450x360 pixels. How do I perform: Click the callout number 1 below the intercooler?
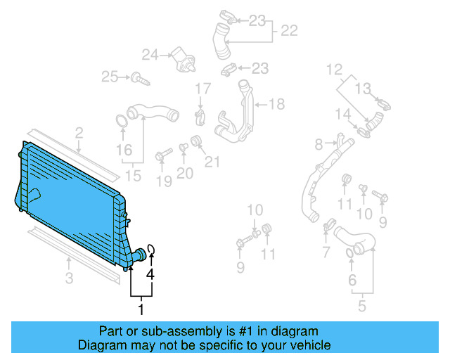coord(141,308)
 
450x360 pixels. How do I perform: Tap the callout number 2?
coord(79,132)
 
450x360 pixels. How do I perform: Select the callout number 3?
coord(69,279)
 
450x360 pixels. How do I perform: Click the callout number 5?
coord(363,306)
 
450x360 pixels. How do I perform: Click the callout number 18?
coord(276,105)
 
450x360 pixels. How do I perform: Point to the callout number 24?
coord(150,54)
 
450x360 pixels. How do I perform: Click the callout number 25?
coord(109,76)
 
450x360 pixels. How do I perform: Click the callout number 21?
coord(212,162)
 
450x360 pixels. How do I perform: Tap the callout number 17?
coord(202,89)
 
